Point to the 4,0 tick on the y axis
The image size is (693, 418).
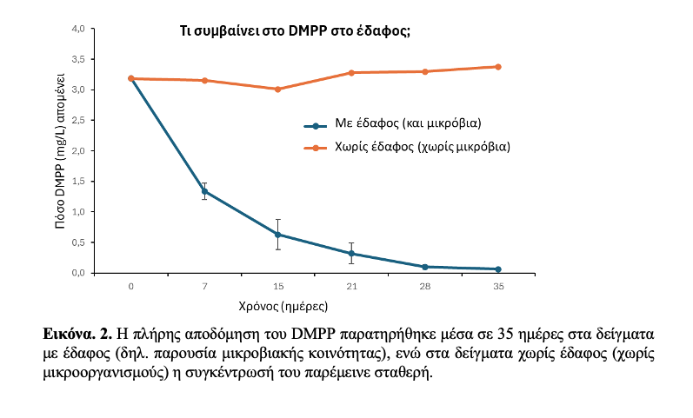pos(77,29)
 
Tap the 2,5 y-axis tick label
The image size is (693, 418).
pos(77,120)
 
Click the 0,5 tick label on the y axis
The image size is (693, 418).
pos(77,242)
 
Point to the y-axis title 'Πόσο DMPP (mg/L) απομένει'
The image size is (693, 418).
pos(62,152)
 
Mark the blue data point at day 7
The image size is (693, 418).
pos(204,191)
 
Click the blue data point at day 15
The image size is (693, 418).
pos(277,235)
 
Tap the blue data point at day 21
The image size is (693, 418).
pos(351,254)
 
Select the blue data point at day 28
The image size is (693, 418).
pos(424,267)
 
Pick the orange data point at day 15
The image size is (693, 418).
pos(277,89)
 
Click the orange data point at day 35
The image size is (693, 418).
pos(497,67)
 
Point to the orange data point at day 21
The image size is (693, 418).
pos(351,72)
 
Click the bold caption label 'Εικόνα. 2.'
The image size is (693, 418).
pos(77,334)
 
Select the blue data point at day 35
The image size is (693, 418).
pos(497,269)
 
